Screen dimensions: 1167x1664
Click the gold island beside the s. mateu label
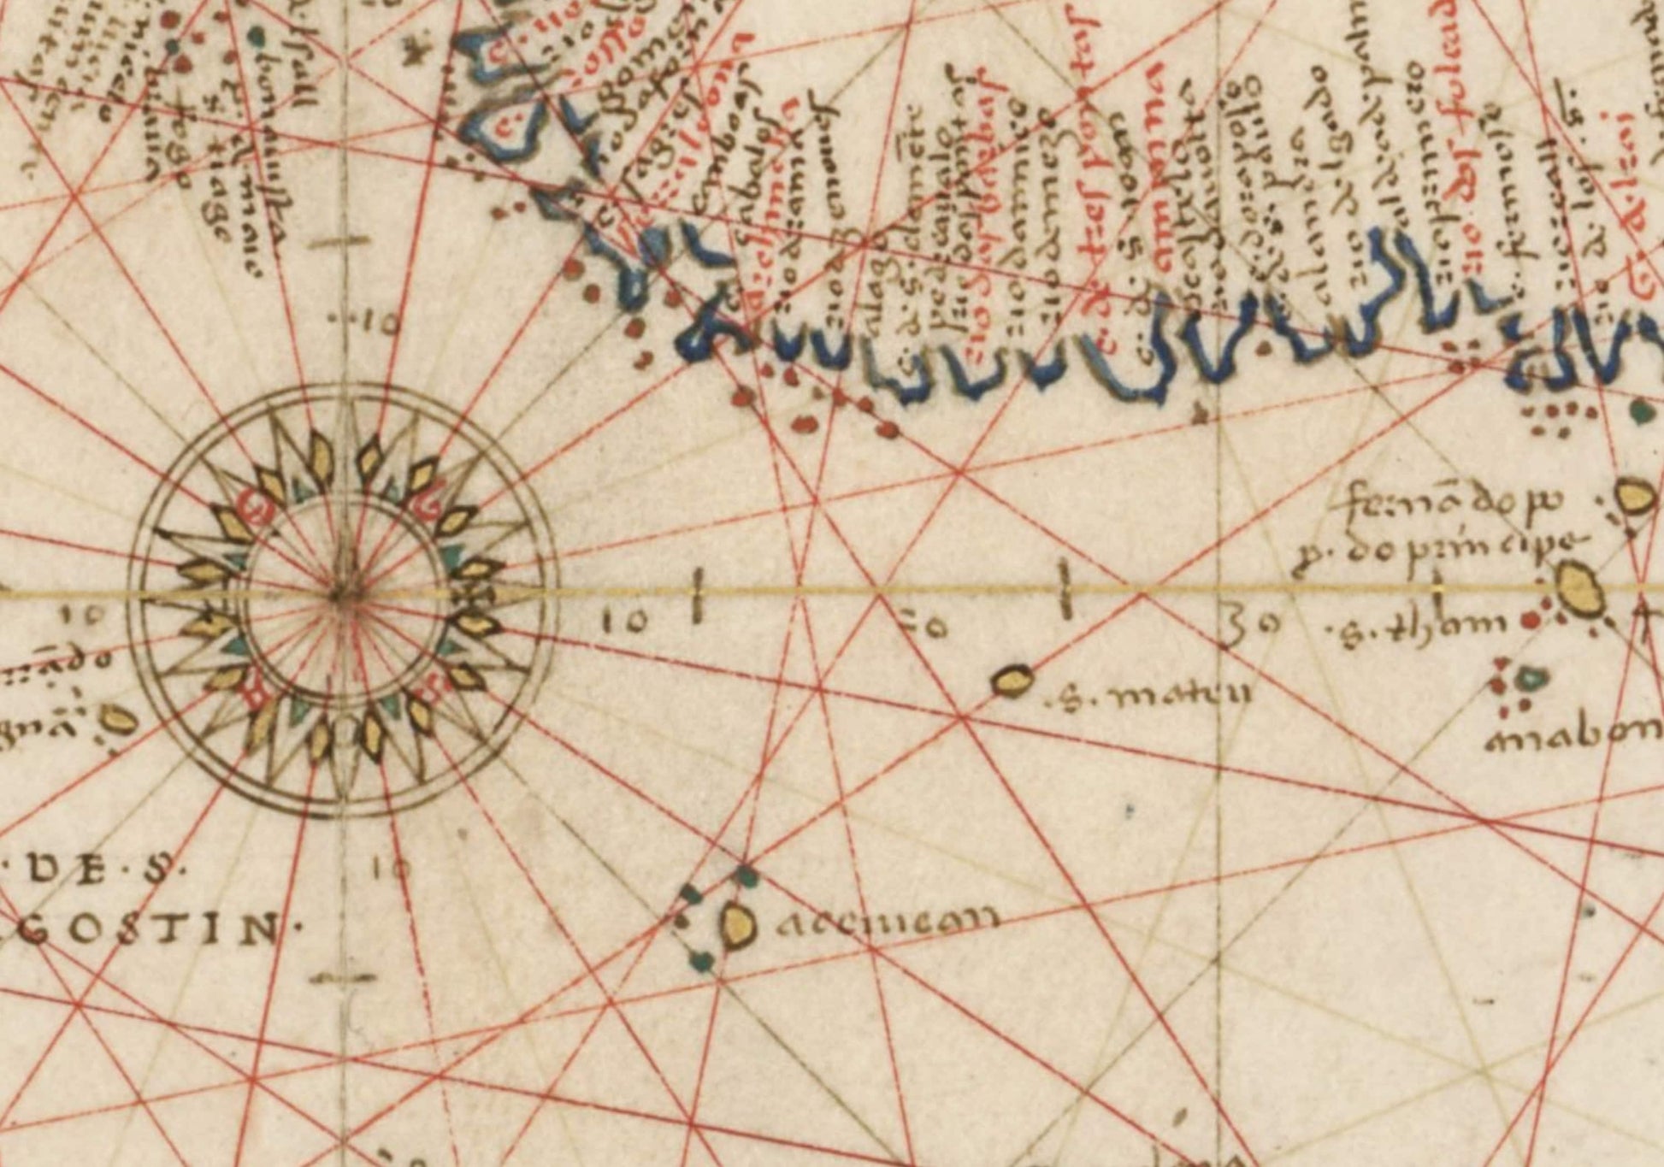pos(1012,681)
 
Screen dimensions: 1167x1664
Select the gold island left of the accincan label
pos(736,925)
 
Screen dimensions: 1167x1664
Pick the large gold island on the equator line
pos(1577,588)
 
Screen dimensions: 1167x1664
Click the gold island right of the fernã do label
pos(1634,498)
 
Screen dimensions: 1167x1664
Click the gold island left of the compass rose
pos(119,720)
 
